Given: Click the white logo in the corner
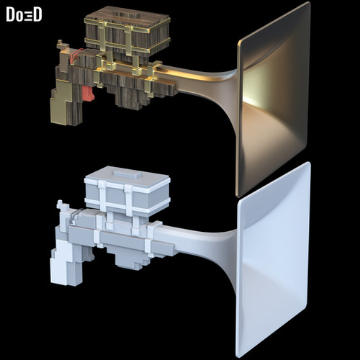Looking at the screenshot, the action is [24, 14].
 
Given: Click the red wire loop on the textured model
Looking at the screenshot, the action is [76, 55].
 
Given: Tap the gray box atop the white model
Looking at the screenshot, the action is [127, 192].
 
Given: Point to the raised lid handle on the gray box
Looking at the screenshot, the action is [127, 174].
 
